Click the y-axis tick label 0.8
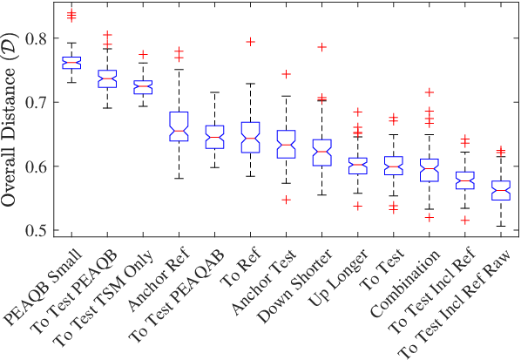coord(37,38)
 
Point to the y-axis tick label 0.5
coord(37,230)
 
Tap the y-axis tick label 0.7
coord(37,102)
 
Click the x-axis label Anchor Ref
coord(159,279)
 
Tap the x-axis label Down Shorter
coord(295,285)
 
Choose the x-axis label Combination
coord(406,282)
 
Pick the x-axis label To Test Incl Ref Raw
coord(455,303)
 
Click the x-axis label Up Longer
coord(339,278)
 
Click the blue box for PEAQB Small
coord(71,63)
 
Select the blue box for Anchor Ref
coord(179,126)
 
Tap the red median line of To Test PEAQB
coord(107,78)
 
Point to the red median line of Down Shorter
coord(321,152)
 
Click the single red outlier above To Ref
coord(250,42)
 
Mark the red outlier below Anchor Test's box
coord(286,200)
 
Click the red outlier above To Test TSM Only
coord(143,55)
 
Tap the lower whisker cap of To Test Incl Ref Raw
coord(501,227)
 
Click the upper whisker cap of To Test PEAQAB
coord(214,92)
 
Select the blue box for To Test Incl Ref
coord(465,180)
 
